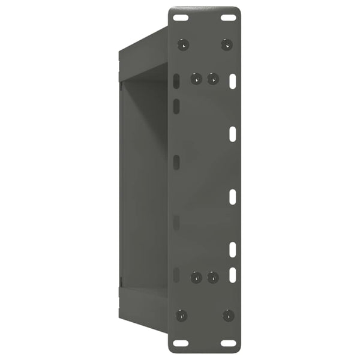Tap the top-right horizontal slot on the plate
(228, 17)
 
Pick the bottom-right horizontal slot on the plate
(228, 343)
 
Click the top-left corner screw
(184, 44)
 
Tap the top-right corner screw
(226, 44)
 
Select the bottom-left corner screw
(182, 316)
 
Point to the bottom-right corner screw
(228, 316)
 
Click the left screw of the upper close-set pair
(196, 79)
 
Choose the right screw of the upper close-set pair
(212, 79)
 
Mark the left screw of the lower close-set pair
(196, 277)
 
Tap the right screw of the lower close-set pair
(212, 277)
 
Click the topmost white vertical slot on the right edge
(233, 80)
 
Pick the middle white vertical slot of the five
(233, 196)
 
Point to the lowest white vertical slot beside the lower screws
(233, 275)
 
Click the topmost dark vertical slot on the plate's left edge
(176, 82)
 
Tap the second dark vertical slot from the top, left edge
(176, 107)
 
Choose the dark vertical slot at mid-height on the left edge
(176, 162)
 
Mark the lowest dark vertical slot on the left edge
(176, 275)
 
